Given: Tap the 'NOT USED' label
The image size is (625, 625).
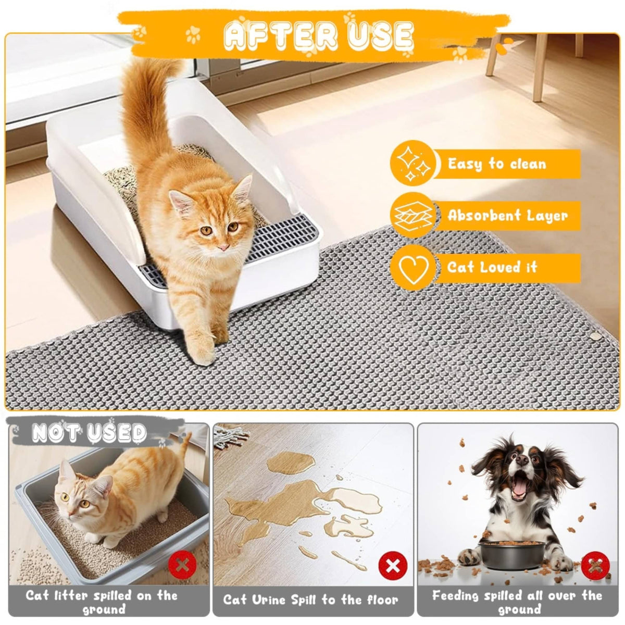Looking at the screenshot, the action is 89,433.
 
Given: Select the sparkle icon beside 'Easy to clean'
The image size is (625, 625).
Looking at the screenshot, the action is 413,163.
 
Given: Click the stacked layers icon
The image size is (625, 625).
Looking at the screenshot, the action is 413,215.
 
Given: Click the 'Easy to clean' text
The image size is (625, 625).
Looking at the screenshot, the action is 496,164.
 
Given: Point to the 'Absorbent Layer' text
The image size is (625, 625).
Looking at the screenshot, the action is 507,216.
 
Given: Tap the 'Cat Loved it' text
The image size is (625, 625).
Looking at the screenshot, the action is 492,267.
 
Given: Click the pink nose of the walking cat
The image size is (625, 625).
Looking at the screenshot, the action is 223,248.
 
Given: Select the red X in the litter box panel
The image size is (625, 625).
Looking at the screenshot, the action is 183,566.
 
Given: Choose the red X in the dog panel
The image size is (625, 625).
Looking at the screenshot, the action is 595,566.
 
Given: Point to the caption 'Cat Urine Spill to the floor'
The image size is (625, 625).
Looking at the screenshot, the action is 311,599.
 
